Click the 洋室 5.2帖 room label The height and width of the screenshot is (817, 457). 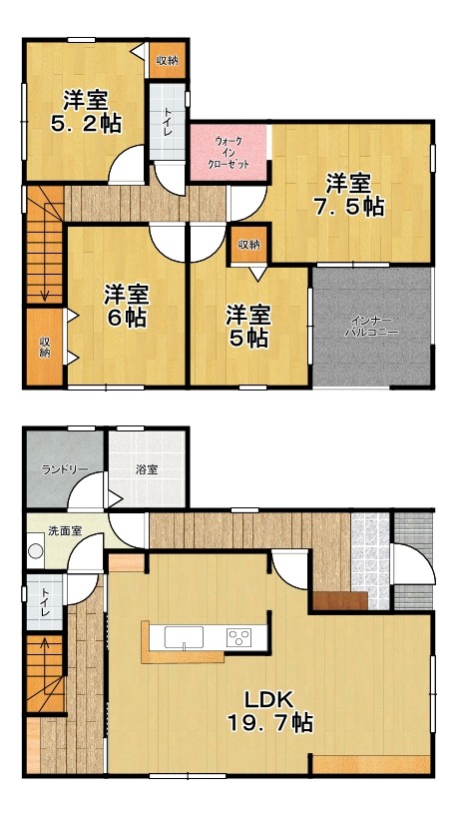[x=86, y=112]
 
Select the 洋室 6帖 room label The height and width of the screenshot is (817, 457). [x=126, y=306]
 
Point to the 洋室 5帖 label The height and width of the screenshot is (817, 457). [x=247, y=327]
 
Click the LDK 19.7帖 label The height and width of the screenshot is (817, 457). [x=269, y=711]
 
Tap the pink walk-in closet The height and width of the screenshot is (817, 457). [x=229, y=152]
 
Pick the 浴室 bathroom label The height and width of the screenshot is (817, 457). [x=148, y=469]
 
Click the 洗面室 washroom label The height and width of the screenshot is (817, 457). [x=65, y=531]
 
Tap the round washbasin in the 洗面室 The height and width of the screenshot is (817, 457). [x=36, y=550]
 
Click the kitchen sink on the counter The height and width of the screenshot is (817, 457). [x=184, y=636]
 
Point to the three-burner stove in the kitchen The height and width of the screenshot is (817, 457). [x=238, y=636]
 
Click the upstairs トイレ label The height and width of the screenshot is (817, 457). [x=168, y=122]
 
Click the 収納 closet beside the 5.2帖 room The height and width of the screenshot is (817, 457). [x=167, y=61]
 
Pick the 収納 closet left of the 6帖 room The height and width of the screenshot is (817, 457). [x=45, y=347]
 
